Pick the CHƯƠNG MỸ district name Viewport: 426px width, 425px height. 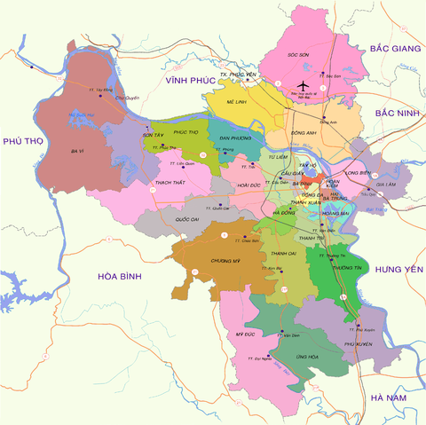pyautogui.click(x=226, y=260)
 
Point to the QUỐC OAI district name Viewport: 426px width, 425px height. pyautogui.click(x=187, y=217)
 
